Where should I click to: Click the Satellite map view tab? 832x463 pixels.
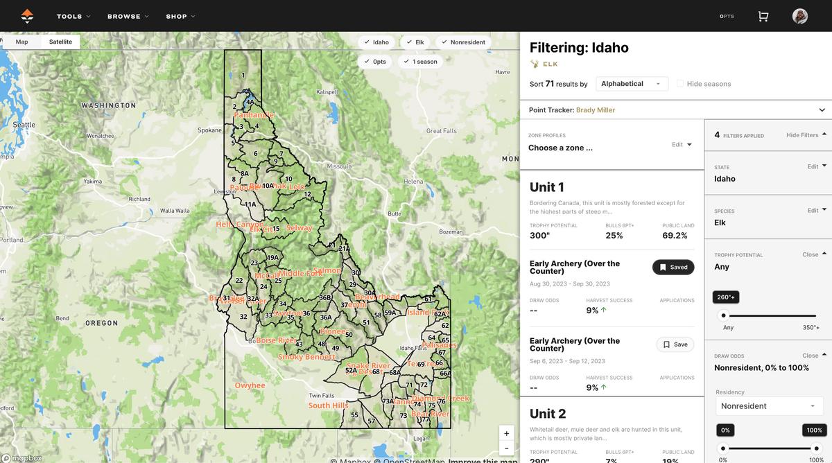(60, 42)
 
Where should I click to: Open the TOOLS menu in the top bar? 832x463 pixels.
(73, 16)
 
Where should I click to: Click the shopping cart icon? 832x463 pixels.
(763, 16)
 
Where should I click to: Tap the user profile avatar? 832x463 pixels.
(800, 16)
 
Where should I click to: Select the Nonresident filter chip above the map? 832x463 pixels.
(463, 42)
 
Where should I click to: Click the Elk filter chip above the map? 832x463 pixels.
(415, 42)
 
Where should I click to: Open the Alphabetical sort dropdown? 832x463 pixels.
(631, 84)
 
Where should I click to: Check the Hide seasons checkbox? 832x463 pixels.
(680, 84)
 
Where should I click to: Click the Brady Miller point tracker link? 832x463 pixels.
(595, 110)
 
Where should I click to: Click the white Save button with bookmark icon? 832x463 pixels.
(675, 344)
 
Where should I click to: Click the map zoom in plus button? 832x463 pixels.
(506, 433)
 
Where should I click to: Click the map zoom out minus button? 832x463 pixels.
(506, 448)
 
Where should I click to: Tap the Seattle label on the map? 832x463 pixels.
(24, 125)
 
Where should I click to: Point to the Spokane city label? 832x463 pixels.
(209, 130)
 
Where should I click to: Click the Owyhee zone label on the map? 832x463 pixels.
(250, 385)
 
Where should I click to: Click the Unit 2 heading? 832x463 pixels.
(548, 414)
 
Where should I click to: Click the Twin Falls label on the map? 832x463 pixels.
(322, 396)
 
